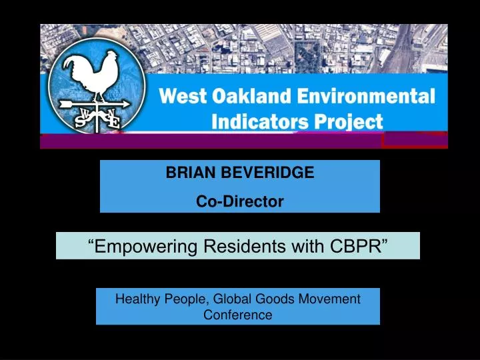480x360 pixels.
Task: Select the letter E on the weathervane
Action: coord(114,122)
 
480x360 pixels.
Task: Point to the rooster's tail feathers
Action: coord(78,67)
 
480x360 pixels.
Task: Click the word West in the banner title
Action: coord(177,96)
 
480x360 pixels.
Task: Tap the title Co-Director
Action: coord(239,201)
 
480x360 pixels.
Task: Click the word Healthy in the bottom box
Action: coord(137,299)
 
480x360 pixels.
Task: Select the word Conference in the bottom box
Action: coord(238,315)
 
